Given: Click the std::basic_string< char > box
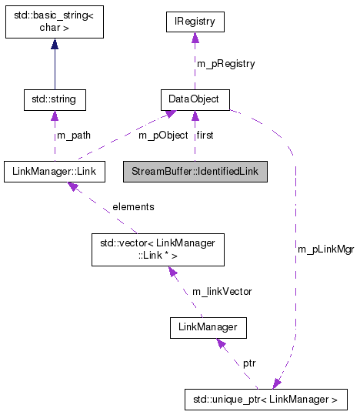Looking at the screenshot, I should click(x=55, y=23).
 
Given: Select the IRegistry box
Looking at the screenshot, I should click(x=195, y=23).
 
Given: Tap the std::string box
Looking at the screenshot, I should click(x=55, y=99).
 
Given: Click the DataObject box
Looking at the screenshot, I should click(x=195, y=99).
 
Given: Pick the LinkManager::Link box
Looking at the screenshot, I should click(x=55, y=170).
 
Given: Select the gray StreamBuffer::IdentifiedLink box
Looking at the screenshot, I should click(x=195, y=170).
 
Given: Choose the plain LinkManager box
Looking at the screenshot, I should click(x=208, y=329).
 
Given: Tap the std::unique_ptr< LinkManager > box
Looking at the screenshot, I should click(x=266, y=399).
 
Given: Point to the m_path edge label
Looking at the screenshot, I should click(x=74, y=136).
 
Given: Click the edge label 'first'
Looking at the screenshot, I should click(x=205, y=136).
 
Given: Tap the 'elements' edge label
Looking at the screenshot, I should click(x=132, y=206).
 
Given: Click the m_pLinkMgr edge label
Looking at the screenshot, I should click(x=325, y=249).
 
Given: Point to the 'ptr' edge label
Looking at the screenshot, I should click(x=249, y=362).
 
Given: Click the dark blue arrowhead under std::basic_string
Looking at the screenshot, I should click(x=55, y=45).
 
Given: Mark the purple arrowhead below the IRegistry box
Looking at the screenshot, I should click(x=195, y=38).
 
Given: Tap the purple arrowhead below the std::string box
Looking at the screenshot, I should click(x=55, y=115).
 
